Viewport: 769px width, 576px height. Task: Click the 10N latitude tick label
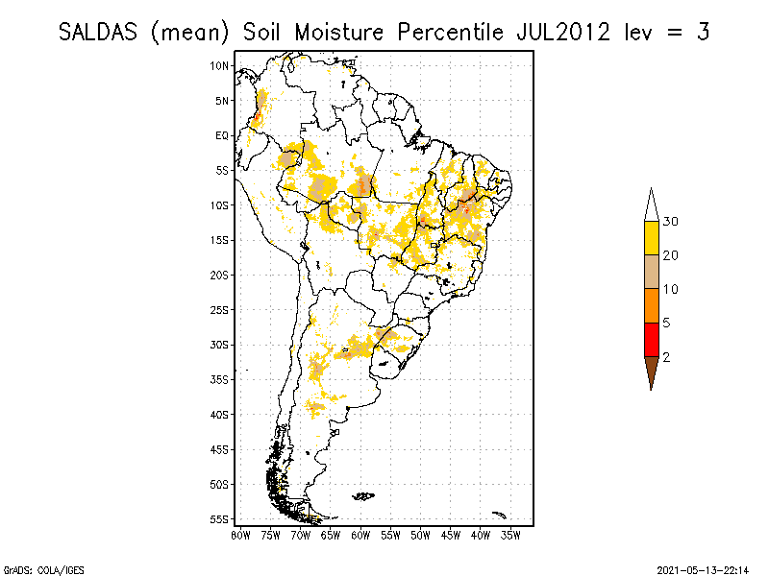[220, 65]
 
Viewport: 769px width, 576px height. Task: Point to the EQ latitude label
[222, 135]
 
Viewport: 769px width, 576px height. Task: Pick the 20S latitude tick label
[220, 275]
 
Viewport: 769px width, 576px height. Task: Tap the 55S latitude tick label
[220, 519]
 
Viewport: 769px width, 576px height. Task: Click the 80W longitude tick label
[240, 533]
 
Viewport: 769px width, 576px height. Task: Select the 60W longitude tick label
[361, 533]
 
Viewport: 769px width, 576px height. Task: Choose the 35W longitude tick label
[511, 533]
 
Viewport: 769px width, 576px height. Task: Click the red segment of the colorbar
[651, 339]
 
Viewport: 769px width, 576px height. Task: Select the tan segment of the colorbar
[651, 272]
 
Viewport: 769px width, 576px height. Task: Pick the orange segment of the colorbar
[651, 305]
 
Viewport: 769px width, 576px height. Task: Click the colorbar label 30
[671, 222]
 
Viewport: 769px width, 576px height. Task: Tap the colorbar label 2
[667, 356]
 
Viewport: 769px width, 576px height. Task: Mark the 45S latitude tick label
[220, 449]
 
